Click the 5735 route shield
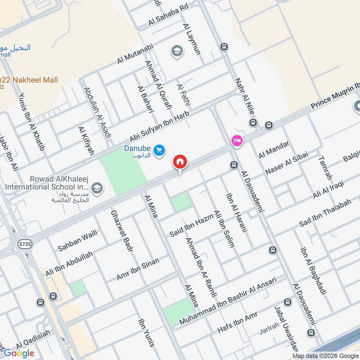(25, 243)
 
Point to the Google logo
(19, 353)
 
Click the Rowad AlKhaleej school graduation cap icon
(96, 187)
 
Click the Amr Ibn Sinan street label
(138, 269)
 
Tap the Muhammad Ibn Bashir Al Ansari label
(227, 301)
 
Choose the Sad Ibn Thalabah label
(325, 213)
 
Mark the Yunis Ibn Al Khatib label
(32, 121)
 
